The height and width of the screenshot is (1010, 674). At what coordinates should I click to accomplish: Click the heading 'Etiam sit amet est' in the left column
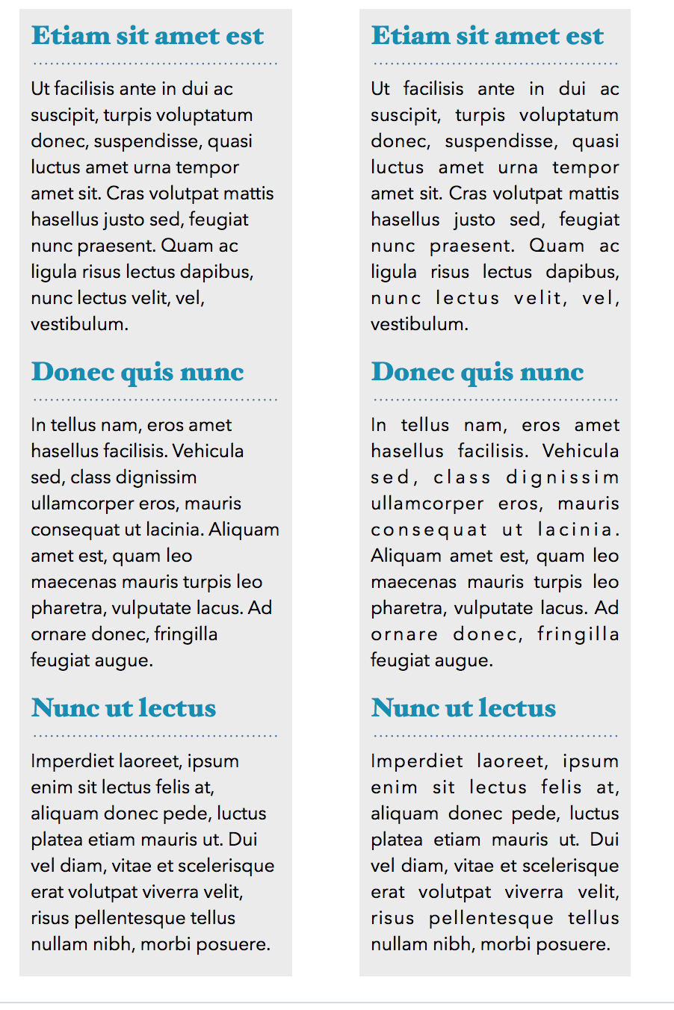coord(147,36)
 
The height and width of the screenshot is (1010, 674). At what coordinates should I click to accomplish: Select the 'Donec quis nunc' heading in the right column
coord(477,372)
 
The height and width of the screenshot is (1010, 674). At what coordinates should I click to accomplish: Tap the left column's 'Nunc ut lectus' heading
coord(123,708)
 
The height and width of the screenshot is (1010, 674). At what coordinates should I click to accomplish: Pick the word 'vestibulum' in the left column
coord(78,324)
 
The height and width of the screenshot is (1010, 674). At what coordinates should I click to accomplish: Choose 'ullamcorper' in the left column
coord(82,504)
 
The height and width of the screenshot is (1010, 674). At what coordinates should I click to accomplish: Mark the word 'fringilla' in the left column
coord(186,634)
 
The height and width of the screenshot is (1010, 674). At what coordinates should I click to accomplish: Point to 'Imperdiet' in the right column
coord(416,761)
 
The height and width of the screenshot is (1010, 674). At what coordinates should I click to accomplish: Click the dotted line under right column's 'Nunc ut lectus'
coord(495,736)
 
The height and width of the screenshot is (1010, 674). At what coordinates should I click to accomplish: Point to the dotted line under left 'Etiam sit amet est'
coord(155,63)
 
